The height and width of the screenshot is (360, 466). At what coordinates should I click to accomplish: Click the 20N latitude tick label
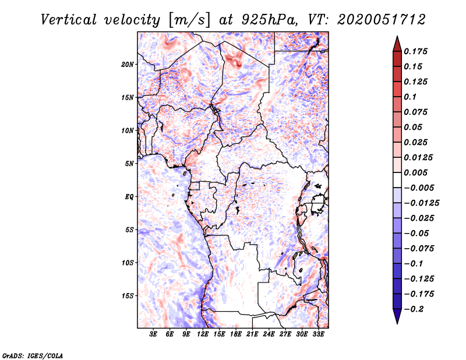pos(128,64)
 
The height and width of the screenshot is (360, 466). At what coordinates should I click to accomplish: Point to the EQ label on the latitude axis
pos(129,197)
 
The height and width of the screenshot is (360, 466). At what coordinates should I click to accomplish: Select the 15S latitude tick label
pos(128,296)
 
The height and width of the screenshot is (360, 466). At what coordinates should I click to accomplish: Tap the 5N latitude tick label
pos(129,164)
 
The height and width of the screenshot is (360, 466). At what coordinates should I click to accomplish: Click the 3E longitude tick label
pos(154,335)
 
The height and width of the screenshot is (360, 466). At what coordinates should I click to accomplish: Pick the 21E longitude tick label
pos(253,335)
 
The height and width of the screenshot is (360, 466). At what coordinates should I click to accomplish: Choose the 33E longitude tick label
pos(319,335)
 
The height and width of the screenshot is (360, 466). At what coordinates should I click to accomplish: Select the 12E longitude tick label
pos(203,335)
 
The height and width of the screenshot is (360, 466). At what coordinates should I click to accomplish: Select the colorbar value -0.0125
pos(423,203)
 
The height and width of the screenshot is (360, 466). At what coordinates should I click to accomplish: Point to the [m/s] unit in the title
pos(188,20)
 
